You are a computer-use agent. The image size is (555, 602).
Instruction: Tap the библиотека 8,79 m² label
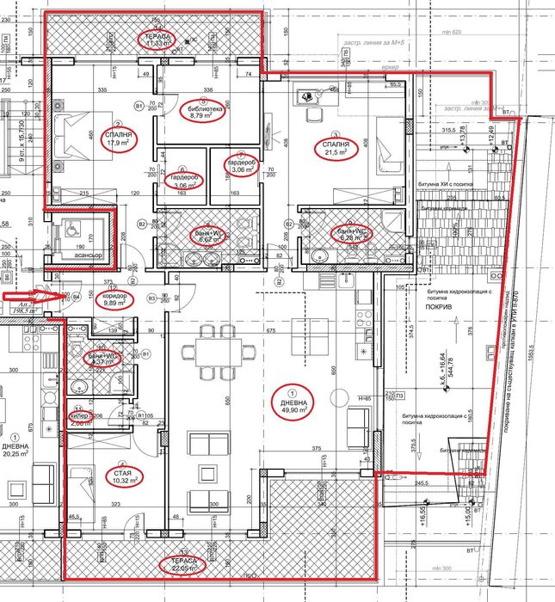(205, 114)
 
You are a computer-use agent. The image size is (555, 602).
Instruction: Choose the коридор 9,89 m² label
(115, 299)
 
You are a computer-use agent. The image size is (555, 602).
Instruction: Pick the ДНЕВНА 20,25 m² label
(15, 452)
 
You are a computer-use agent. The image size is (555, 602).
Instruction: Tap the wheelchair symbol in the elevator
(71, 230)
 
